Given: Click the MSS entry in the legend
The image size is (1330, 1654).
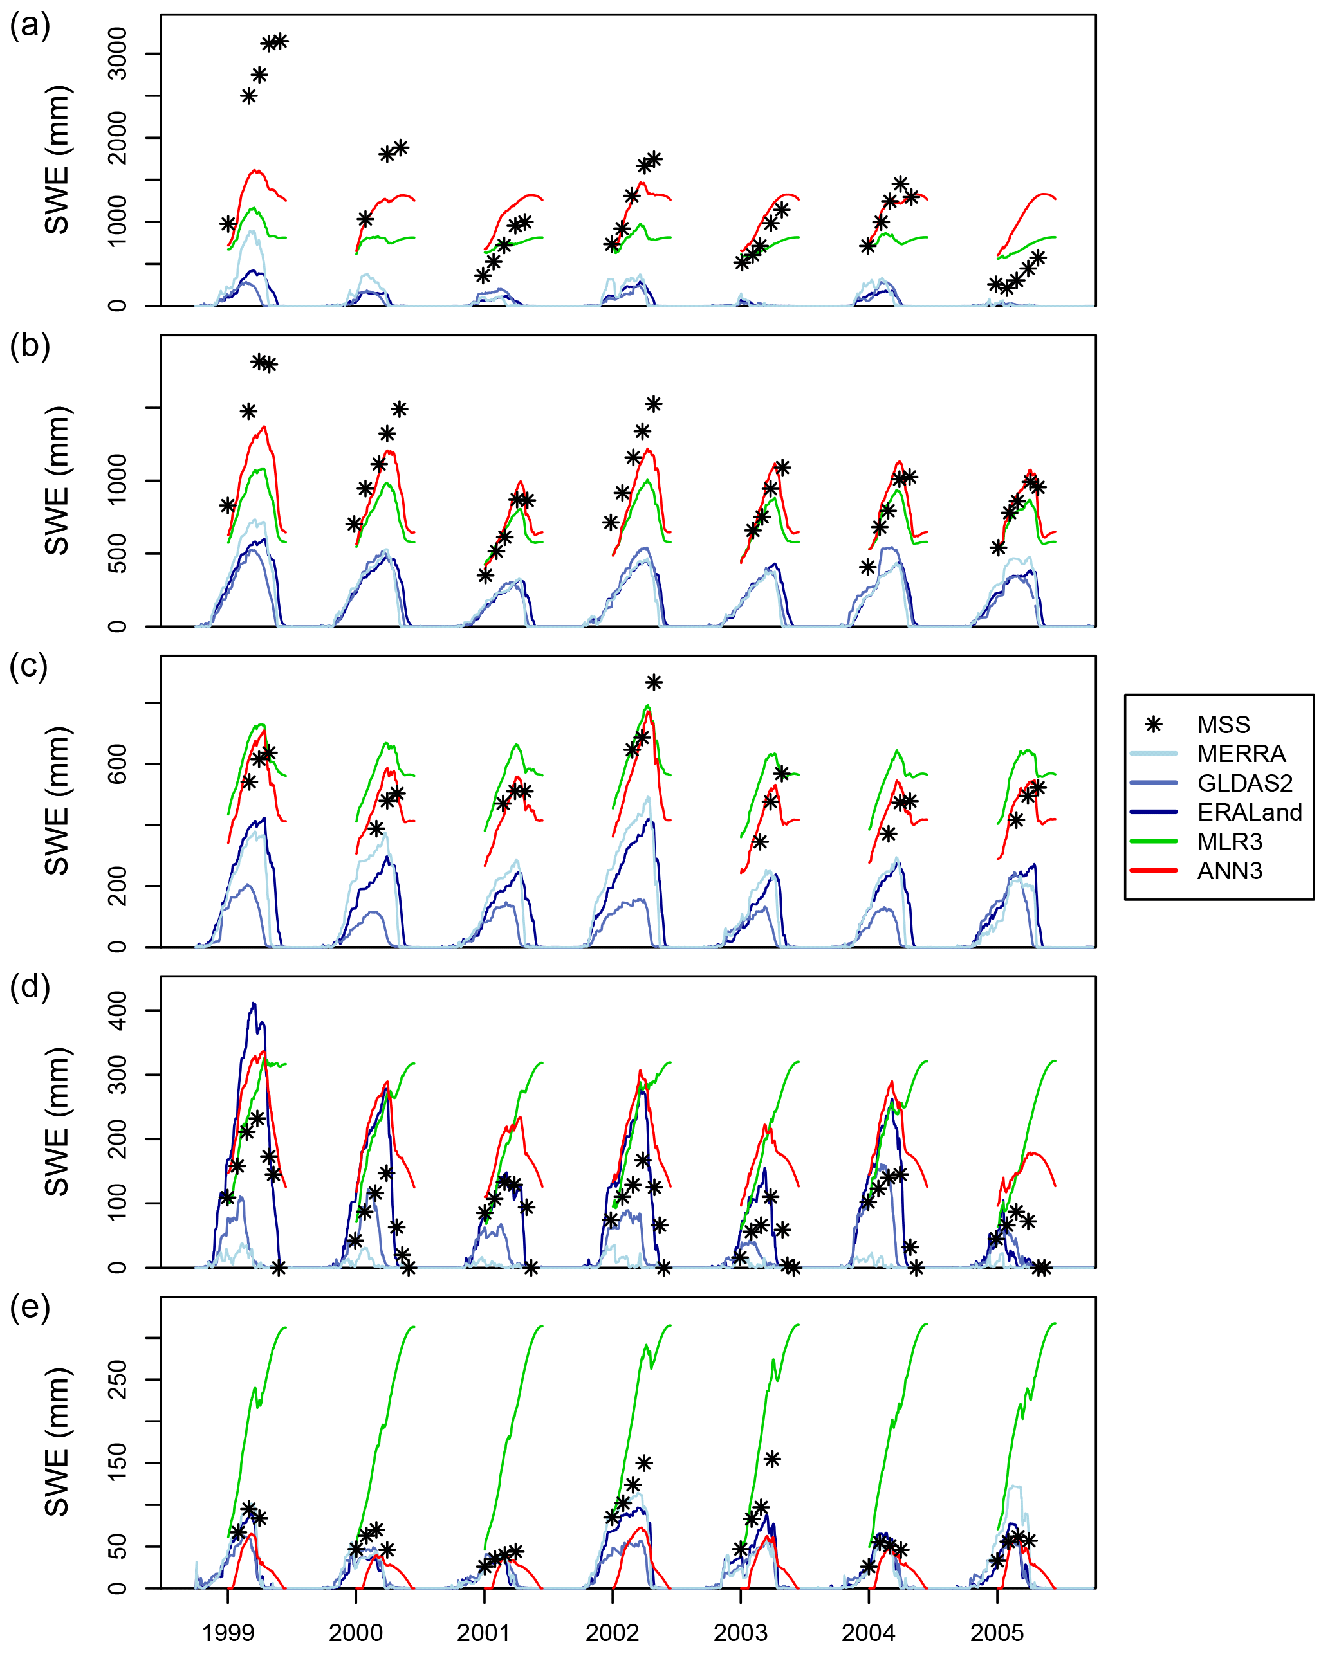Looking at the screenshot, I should [x=1223, y=724].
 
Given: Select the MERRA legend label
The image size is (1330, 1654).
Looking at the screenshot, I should [x=1241, y=753].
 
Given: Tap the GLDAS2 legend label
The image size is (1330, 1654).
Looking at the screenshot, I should [x=1244, y=783].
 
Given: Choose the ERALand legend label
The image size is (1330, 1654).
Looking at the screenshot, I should [x=1250, y=812].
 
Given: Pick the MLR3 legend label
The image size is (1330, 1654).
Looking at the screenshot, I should [x=1230, y=842].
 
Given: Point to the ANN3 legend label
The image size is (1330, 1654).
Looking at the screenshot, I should [x=1230, y=871].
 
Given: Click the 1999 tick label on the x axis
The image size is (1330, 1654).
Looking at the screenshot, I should [x=228, y=1631].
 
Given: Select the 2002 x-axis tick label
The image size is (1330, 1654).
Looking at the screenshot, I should [x=613, y=1631].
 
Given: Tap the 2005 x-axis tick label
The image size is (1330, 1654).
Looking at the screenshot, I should [x=997, y=1631].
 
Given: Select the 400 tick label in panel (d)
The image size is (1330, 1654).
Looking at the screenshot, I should [x=117, y=1010].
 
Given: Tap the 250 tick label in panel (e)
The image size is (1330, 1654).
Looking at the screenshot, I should [x=117, y=1379].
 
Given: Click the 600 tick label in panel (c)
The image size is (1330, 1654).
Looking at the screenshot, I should [x=117, y=763].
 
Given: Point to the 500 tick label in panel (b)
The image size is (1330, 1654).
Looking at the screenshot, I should [x=117, y=553].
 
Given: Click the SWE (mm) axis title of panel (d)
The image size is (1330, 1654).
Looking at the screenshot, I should [x=57, y=1122].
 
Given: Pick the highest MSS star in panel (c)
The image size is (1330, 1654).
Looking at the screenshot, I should [x=653, y=682].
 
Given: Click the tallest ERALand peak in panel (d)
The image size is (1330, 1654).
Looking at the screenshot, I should [x=254, y=1003].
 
